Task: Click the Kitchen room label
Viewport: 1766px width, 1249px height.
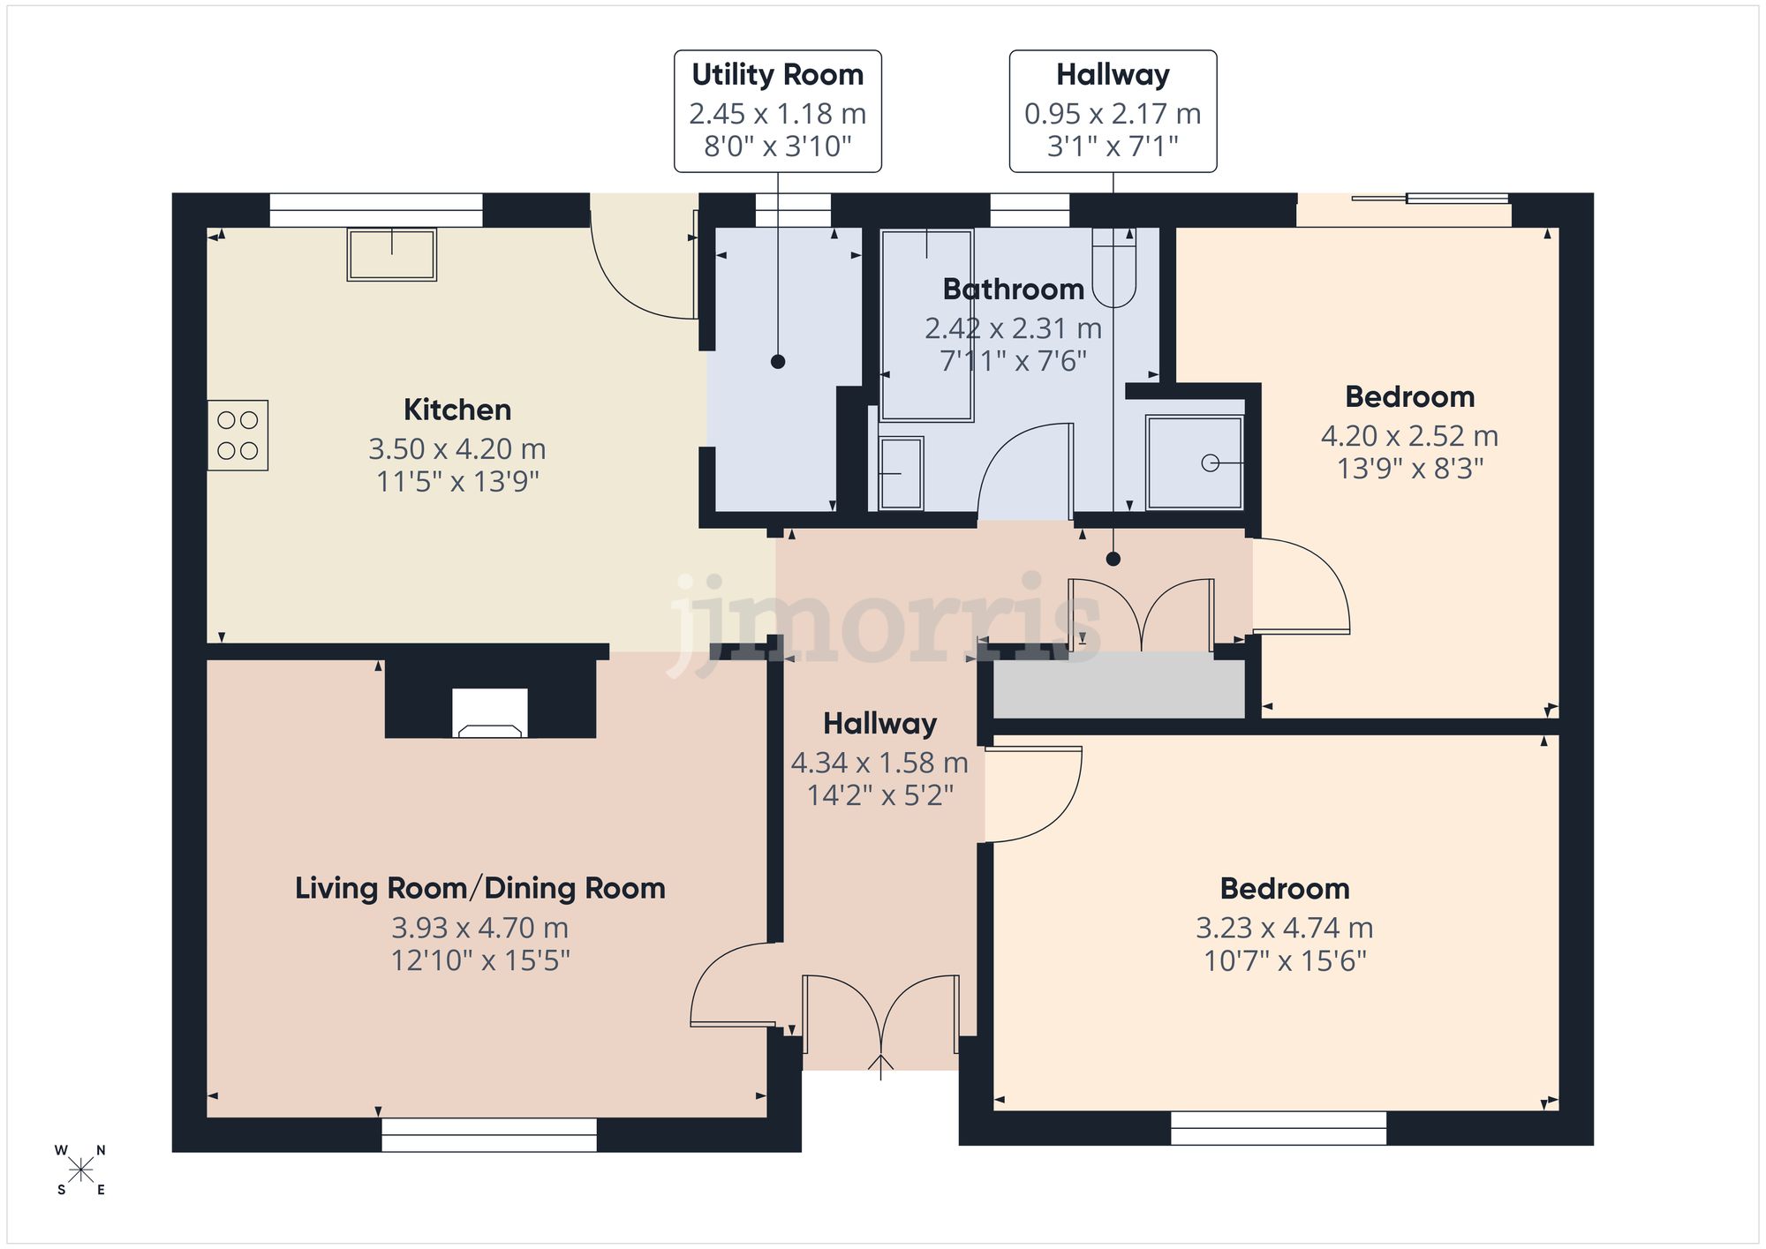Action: tap(457, 410)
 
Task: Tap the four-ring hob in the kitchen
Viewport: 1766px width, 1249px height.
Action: tap(238, 435)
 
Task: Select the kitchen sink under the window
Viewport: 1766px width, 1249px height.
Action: tap(391, 254)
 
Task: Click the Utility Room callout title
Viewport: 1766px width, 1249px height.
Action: tap(777, 75)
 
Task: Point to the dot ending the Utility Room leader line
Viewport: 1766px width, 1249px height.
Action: tap(778, 361)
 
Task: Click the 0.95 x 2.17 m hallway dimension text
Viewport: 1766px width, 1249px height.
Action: tap(1113, 114)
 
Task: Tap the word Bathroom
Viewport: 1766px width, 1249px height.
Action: tap(1013, 290)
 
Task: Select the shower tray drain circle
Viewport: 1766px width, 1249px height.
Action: tap(1210, 463)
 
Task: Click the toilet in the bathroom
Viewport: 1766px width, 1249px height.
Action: tap(1113, 269)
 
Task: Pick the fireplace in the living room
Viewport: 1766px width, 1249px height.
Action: tap(490, 713)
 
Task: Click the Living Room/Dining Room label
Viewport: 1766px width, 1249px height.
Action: tap(479, 888)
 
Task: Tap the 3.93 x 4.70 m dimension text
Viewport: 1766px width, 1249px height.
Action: tap(479, 928)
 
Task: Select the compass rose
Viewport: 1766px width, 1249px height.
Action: tap(80, 1170)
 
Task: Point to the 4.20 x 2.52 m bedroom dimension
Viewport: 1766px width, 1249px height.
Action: tap(1409, 436)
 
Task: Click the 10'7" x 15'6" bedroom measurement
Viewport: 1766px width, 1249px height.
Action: tap(1285, 960)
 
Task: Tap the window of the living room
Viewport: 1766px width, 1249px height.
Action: tap(489, 1134)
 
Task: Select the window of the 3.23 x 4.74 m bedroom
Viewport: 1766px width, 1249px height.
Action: tap(1278, 1128)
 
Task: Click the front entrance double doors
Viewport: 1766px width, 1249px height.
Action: tap(880, 1015)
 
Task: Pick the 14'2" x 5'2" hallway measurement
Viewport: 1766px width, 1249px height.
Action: tap(880, 795)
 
